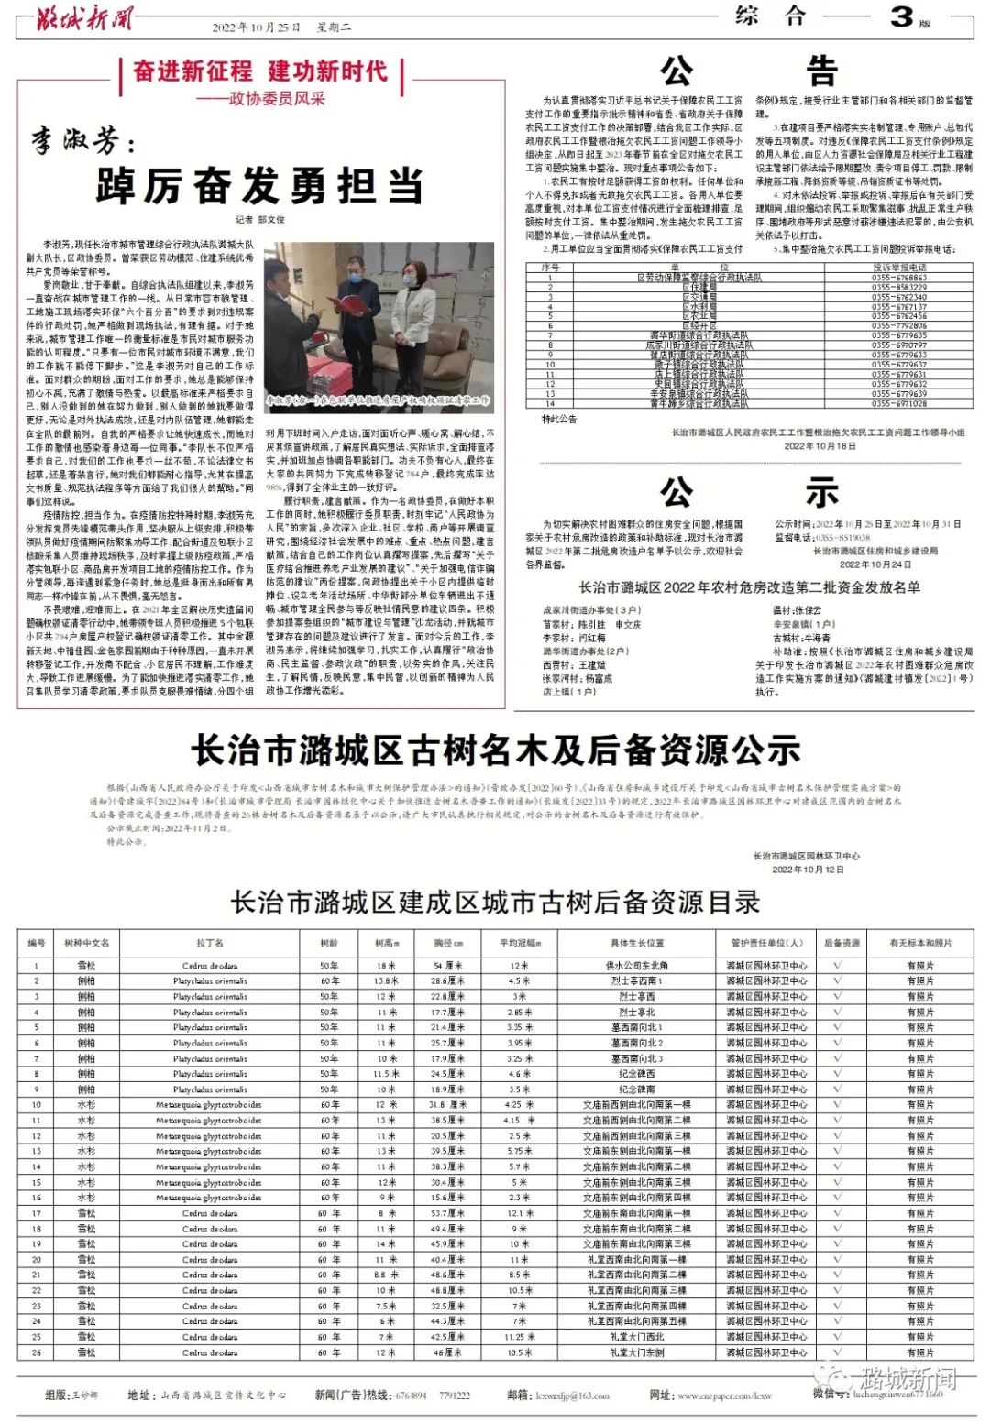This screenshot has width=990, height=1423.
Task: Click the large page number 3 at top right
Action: [902, 16]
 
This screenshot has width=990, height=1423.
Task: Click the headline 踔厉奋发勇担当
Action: [259, 186]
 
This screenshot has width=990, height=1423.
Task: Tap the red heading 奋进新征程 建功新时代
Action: [260, 71]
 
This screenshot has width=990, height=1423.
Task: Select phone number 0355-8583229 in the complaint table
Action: [898, 287]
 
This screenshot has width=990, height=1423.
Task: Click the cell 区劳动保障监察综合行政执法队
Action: [699, 277]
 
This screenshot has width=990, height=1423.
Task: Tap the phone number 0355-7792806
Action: [898, 325]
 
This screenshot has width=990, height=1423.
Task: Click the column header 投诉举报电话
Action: [898, 268]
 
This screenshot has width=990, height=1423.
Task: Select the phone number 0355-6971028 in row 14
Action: [898, 403]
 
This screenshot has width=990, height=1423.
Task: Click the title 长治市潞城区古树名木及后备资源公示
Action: [495, 750]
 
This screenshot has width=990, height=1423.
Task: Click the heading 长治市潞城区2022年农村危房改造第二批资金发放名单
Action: [749, 587]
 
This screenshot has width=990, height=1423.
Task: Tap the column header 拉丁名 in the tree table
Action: [209, 943]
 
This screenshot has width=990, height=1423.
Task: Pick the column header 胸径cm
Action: [448, 943]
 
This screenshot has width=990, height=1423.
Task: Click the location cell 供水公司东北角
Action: [636, 966]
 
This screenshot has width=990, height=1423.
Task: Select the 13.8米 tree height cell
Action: [386, 981]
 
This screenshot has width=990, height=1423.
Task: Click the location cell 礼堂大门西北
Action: [636, 1337]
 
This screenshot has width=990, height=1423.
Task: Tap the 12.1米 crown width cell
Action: [519, 1213]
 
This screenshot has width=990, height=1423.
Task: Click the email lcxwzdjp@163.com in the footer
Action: [572, 1396]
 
